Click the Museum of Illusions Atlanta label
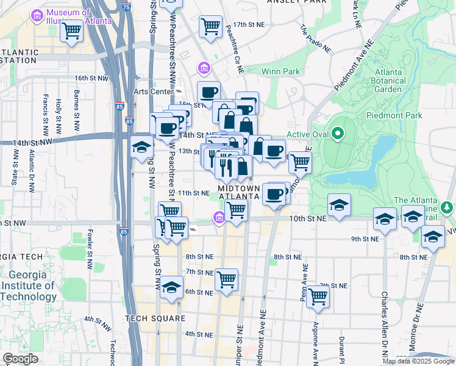[x=73, y=16]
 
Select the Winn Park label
[x=280, y=71]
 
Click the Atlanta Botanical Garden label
[x=388, y=81]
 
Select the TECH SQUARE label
[x=155, y=318]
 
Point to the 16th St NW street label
[x=91, y=78]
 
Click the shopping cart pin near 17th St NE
[x=210, y=26]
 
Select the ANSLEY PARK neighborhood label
[x=295, y=2]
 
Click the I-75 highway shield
[x=126, y=7]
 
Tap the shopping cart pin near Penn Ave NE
[x=318, y=296]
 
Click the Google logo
[x=20, y=359]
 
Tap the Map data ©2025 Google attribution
[x=418, y=361]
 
